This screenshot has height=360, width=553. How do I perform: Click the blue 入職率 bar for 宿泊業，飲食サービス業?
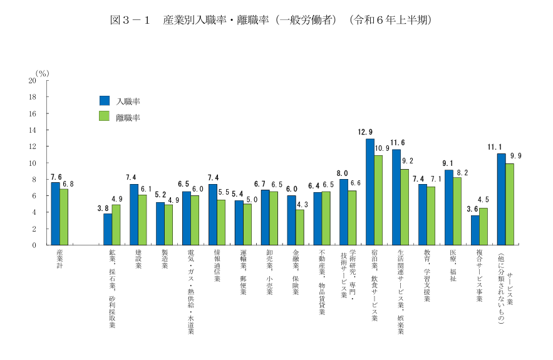(370, 192)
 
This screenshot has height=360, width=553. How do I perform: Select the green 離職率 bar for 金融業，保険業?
(300, 227)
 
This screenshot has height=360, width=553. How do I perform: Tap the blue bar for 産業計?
(55, 213)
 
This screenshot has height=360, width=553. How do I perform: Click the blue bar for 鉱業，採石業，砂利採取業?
(108, 229)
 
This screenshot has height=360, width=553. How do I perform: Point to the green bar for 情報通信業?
(221, 222)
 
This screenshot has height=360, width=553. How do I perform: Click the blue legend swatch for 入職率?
(105, 100)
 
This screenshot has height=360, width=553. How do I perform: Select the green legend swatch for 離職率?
(105, 116)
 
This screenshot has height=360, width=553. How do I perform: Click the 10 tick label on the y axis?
(32, 163)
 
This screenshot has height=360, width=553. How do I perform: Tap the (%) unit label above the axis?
(42, 73)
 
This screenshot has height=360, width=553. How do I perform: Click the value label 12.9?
(366, 132)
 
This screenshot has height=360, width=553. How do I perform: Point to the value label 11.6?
(398, 143)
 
